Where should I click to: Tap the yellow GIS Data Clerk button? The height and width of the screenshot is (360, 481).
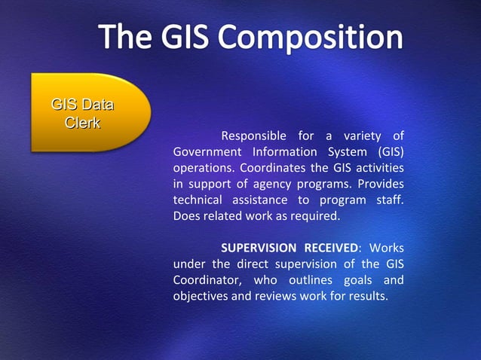[84, 113]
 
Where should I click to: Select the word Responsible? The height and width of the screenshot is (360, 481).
[253, 136]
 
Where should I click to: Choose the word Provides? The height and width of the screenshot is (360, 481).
[381, 185]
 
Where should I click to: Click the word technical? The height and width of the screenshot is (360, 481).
[198, 200]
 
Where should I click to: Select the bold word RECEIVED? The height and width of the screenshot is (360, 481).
[329, 249]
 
